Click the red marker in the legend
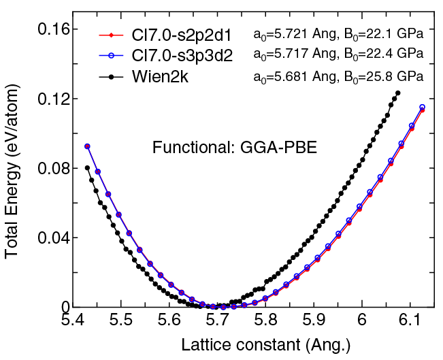tap(110, 35)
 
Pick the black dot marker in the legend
tap(110, 76)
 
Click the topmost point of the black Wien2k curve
tap(398, 93)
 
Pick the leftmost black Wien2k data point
tap(87, 167)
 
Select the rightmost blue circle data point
tap(422, 107)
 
